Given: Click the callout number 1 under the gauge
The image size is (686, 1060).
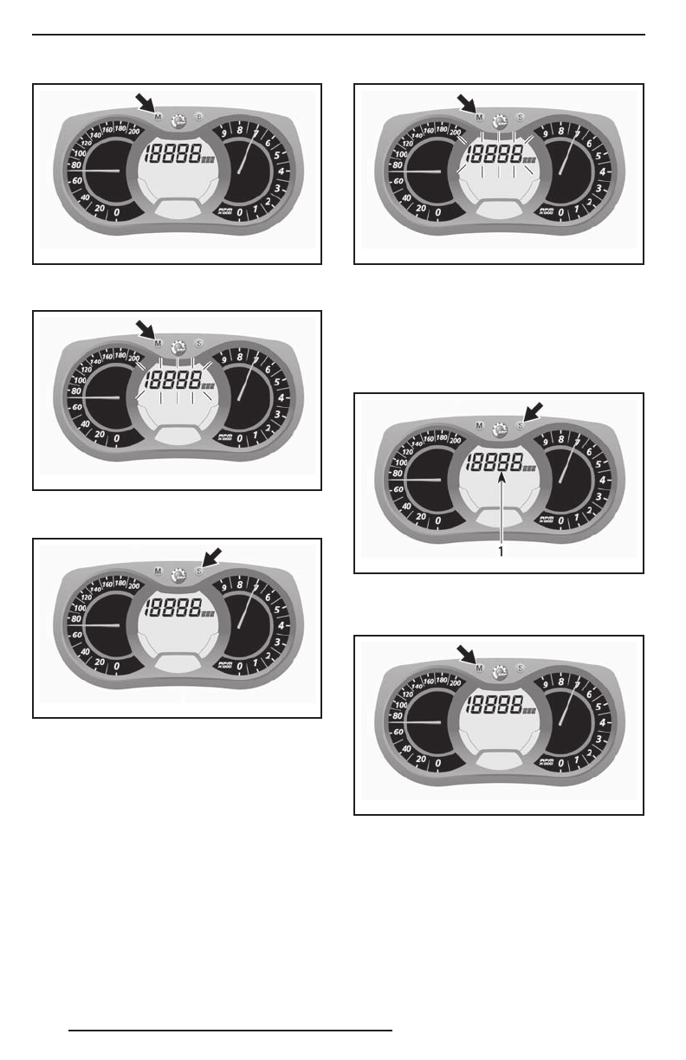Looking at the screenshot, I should point(500,551).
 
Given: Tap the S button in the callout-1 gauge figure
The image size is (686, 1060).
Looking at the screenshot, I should point(519,425).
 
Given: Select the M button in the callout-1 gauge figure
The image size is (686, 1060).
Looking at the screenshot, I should point(478,425).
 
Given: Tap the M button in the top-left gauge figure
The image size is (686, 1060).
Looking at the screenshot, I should point(157,115).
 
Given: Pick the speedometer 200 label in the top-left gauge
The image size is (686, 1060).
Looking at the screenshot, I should point(134,132).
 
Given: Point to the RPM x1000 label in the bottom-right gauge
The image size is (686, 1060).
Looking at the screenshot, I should point(546,761).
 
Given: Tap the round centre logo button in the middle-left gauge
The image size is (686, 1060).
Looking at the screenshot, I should point(178,346).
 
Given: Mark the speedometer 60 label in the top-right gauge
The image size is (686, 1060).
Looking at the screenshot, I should point(398,182).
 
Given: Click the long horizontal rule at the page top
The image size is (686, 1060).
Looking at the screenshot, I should point(339,36).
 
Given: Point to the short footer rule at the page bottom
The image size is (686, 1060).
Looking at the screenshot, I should point(230,1031).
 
